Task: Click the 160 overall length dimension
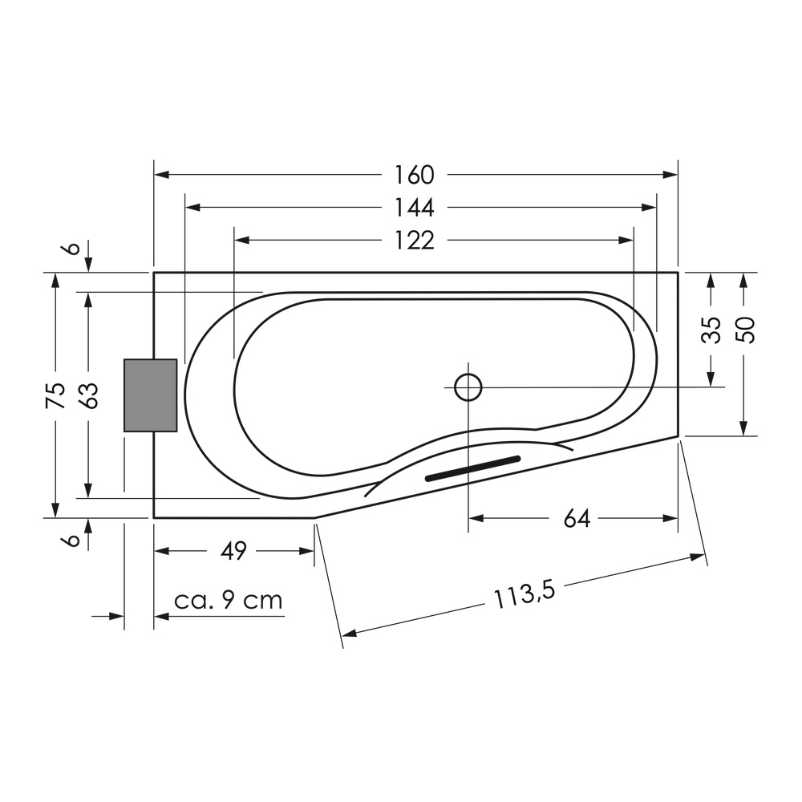[415, 175]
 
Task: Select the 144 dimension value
[415, 208]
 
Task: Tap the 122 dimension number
[415, 241]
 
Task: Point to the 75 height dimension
[56, 395]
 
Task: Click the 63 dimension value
[89, 395]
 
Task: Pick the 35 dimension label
[711, 330]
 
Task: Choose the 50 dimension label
[744, 330]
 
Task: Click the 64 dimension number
[577, 519]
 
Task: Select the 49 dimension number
[233, 551]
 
